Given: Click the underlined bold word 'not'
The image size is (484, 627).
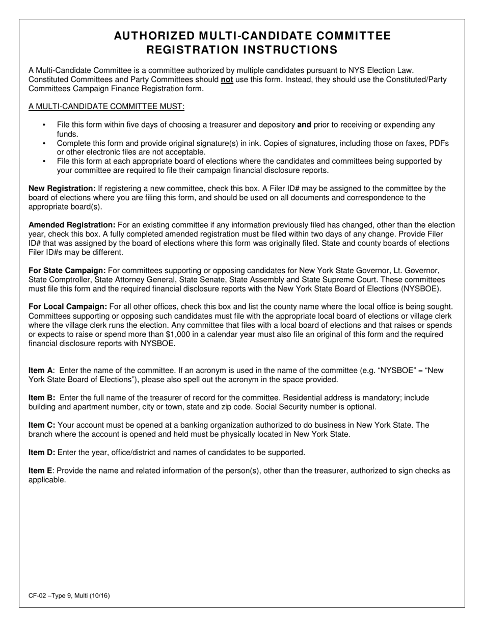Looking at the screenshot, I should click(x=227, y=80).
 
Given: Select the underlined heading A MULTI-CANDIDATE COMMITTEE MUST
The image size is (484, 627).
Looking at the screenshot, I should click(x=106, y=106).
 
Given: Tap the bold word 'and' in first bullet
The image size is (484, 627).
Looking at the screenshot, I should click(x=304, y=125).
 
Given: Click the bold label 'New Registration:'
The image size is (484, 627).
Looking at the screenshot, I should click(x=62, y=189).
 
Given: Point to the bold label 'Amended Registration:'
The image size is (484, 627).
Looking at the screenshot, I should click(x=72, y=225).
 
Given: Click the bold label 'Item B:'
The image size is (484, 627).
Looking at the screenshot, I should click(x=42, y=398).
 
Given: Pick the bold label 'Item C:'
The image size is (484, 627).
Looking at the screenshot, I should click(x=42, y=425).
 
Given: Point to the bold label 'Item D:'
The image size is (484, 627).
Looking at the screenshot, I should click(x=42, y=453).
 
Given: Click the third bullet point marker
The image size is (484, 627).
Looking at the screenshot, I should click(x=44, y=162).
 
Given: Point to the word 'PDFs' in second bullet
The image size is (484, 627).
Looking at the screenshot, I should click(x=439, y=143).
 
